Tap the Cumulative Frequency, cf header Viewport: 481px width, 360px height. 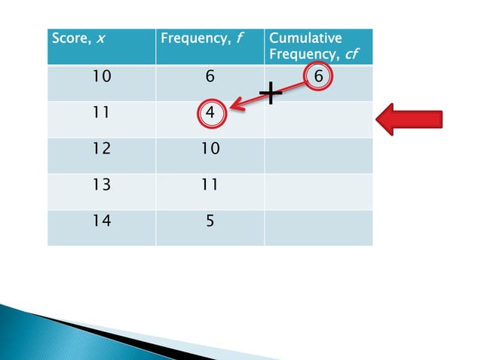coord(305,46)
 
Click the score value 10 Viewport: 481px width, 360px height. coord(100,76)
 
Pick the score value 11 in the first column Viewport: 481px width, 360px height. coord(100,113)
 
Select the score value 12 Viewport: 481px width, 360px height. coord(100,148)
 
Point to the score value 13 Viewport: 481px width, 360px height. coord(100,185)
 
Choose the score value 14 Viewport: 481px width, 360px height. coord(100,221)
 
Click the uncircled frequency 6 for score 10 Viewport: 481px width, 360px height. coord(210,76)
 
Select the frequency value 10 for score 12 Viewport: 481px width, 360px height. coord(210,148)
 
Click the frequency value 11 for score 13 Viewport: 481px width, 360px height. coord(210,185)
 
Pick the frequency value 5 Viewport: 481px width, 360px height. coord(210,221)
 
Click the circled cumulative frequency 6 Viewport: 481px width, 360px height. coord(319,77)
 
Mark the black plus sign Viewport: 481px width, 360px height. coord(270,93)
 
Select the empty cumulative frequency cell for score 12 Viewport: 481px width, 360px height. coord(318,155)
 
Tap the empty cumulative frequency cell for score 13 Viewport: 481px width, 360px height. coord(318,191)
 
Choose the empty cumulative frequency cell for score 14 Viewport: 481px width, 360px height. coord(318,227)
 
